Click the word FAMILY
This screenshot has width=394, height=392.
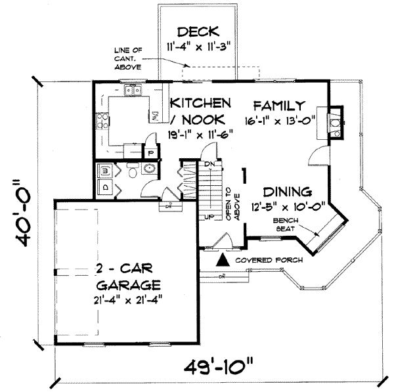tap(279, 106)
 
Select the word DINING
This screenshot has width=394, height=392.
tap(286, 192)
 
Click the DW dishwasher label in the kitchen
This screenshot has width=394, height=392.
tap(155, 116)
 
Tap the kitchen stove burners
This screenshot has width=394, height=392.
tap(102, 121)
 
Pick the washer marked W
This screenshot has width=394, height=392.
tap(106, 172)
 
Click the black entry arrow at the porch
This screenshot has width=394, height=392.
tap(224, 260)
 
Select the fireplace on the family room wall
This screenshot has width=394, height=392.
tap(334, 123)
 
